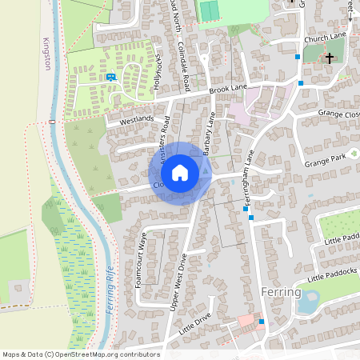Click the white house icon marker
point(180,173)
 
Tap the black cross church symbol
point(329,58)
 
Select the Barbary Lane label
point(210,133)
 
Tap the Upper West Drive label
point(178,283)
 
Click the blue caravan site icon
point(110,77)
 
